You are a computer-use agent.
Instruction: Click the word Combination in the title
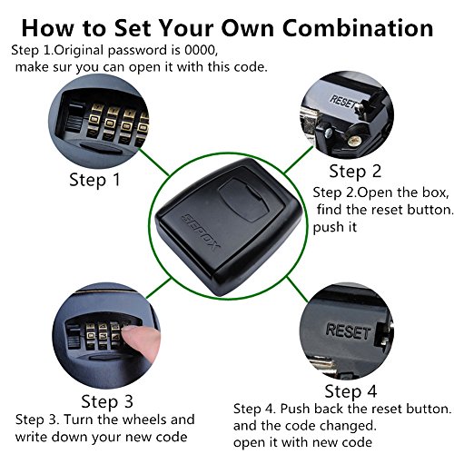tap(358, 28)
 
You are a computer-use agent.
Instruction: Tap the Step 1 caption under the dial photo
tap(94, 180)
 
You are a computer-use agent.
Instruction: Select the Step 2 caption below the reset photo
tap(355, 172)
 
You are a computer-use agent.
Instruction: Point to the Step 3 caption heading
tap(107, 402)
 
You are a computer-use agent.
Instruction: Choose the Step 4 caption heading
tap(350, 391)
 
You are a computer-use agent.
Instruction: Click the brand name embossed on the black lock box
tap(200, 232)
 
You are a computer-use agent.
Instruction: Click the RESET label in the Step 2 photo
tap(343, 102)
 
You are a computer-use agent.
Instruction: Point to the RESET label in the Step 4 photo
tap(348, 331)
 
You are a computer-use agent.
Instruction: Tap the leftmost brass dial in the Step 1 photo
tap(95, 122)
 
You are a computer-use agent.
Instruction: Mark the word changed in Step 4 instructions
tap(348, 426)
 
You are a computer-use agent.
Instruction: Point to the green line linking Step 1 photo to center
tap(153, 162)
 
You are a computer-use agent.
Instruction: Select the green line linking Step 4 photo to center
tap(297, 290)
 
